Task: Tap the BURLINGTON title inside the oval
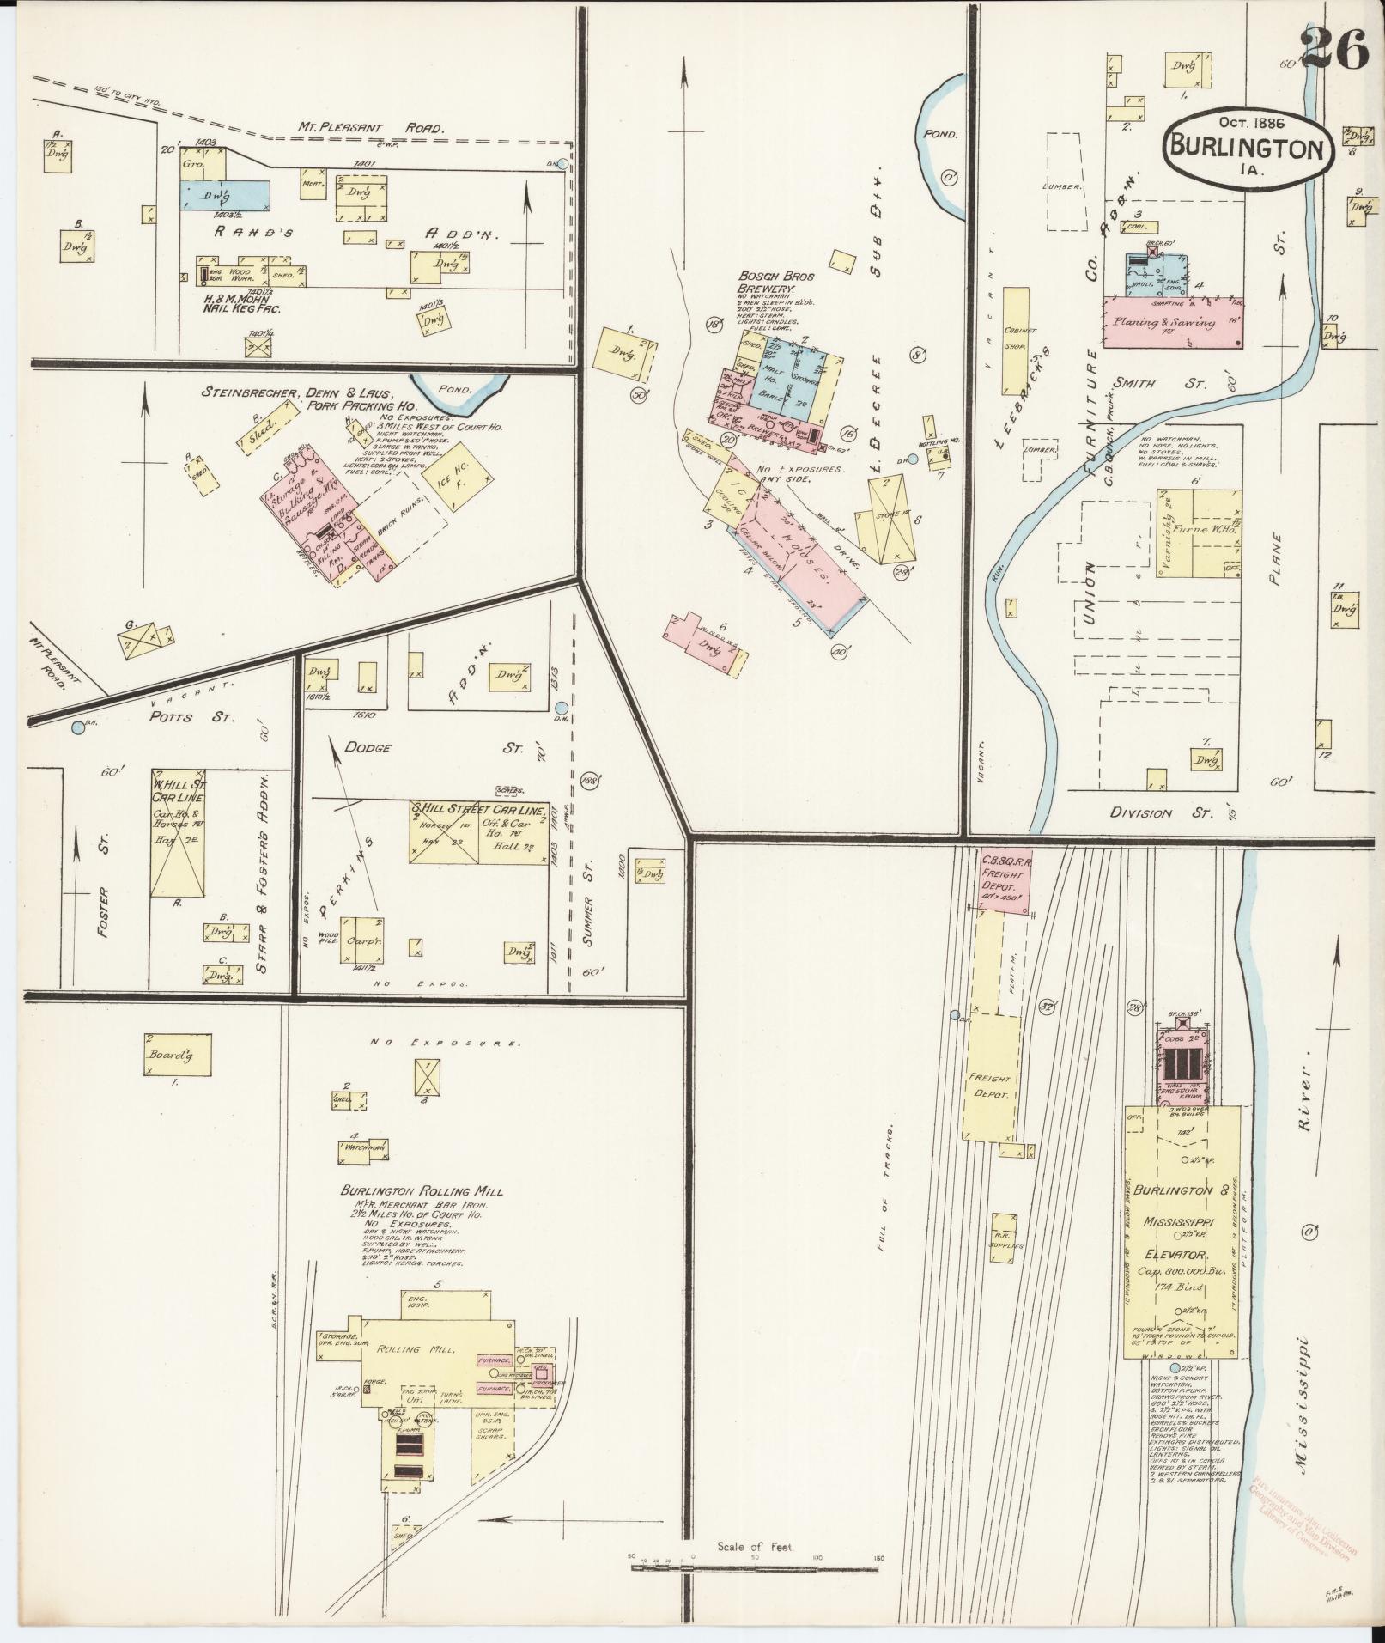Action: click(x=1247, y=148)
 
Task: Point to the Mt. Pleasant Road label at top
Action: click(x=371, y=128)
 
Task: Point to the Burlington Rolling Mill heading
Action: click(x=421, y=1191)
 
